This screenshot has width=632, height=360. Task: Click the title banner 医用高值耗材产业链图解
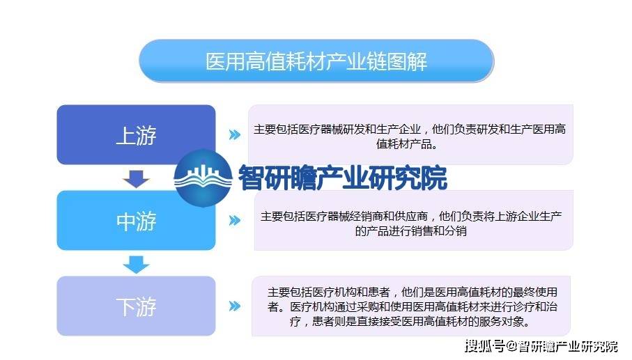pyautogui.click(x=316, y=61)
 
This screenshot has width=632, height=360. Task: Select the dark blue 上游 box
pyautogui.click(x=137, y=134)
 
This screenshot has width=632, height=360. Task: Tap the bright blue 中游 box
pyautogui.click(x=137, y=221)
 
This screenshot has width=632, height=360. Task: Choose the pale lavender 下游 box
pyautogui.click(x=137, y=306)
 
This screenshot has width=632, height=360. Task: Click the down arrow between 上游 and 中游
pyautogui.click(x=137, y=179)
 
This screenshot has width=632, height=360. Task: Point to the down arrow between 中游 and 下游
pyautogui.click(x=137, y=265)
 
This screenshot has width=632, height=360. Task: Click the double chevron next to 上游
pyautogui.click(x=235, y=134)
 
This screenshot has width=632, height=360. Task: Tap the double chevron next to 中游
pyautogui.click(x=235, y=220)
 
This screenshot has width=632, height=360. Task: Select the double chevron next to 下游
pyautogui.click(x=235, y=306)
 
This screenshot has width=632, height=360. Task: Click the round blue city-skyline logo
pyautogui.click(x=203, y=178)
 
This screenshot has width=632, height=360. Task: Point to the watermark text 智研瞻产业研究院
pyautogui.click(x=343, y=178)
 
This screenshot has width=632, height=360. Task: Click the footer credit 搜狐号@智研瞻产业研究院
pyautogui.click(x=541, y=346)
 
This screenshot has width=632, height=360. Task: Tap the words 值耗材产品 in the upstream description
pyautogui.click(x=403, y=143)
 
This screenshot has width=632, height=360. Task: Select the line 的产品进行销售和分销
pyautogui.click(x=410, y=231)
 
